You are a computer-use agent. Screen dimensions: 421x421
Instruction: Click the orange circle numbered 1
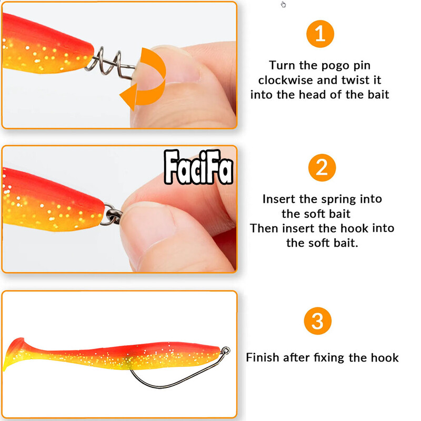point(320,34)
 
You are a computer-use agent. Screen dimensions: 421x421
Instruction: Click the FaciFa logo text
point(198,168)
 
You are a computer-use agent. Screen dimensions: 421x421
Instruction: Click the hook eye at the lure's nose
point(225,349)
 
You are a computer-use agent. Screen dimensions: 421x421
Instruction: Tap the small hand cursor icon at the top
point(284,5)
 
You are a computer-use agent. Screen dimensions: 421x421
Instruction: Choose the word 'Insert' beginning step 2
point(279,199)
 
